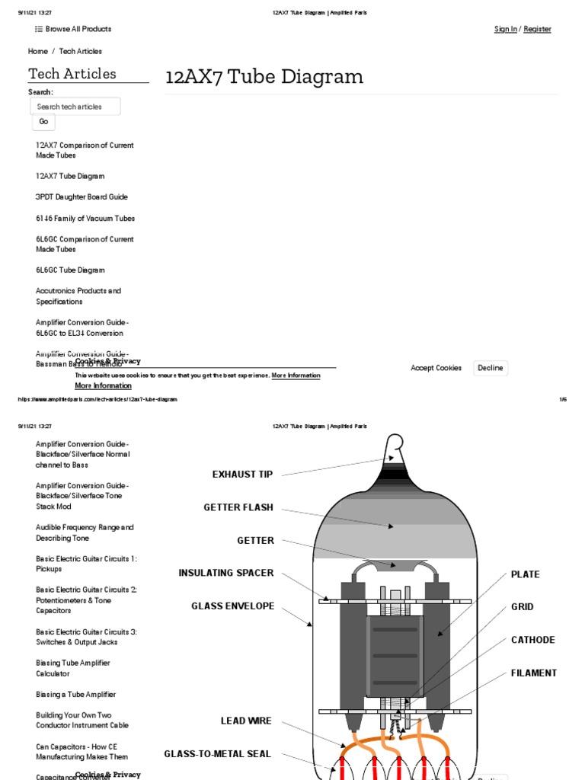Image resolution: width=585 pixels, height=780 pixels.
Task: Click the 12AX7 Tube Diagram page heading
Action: click(264, 77)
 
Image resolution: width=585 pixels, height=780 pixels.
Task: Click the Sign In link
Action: click(505, 29)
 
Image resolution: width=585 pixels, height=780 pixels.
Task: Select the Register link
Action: click(537, 29)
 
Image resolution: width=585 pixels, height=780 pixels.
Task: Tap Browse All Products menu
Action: click(73, 29)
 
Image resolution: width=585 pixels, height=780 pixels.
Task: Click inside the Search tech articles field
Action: click(75, 107)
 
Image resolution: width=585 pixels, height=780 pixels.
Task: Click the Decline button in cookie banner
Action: click(490, 368)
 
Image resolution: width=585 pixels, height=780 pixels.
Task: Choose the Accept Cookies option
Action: click(436, 368)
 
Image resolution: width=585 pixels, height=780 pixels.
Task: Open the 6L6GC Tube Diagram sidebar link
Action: click(70, 270)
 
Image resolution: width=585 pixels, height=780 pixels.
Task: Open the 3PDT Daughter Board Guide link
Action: click(82, 197)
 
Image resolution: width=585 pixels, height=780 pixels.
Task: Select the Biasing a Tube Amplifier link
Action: click(75, 695)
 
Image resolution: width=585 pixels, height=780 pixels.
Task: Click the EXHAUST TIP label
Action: click(241, 475)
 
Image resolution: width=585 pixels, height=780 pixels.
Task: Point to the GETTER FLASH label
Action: click(238, 507)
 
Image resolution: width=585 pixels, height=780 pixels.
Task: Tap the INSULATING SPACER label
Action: click(225, 573)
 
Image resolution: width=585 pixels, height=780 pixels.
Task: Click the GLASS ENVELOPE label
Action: click(232, 606)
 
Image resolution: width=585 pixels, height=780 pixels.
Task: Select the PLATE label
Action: click(525, 574)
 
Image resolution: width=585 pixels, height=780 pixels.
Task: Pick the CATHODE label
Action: click(532, 640)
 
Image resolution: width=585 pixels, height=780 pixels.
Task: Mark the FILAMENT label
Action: click(533, 673)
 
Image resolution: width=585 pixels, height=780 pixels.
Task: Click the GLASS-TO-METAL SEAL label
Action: click(217, 754)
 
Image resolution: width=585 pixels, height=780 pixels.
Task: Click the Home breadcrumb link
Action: click(38, 51)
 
